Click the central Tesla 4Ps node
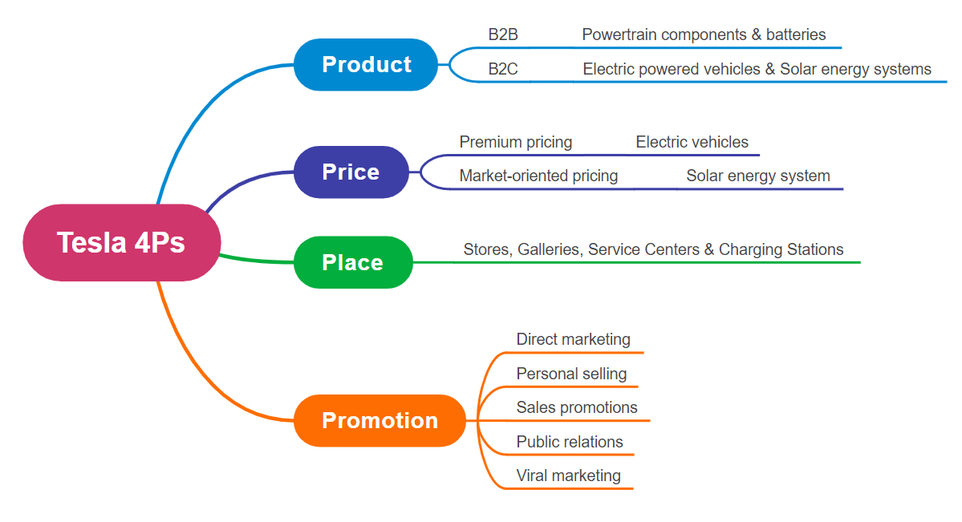coord(121,242)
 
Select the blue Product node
coord(366,64)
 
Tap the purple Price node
coord(351,172)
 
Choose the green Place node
coord(353,262)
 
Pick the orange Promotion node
coord(380,420)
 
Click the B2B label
coord(503,34)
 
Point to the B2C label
coord(503,69)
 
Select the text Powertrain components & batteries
coord(704,34)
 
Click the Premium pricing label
coord(515,142)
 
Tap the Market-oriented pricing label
coord(538,176)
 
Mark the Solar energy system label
coord(757,176)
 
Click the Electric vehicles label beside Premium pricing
coord(692,142)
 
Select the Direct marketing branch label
coord(573,339)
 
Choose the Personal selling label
coord(571,374)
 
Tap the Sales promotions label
coord(577,407)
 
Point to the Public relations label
coord(570,442)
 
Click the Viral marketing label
coord(568,475)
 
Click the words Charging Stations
coord(781,249)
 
